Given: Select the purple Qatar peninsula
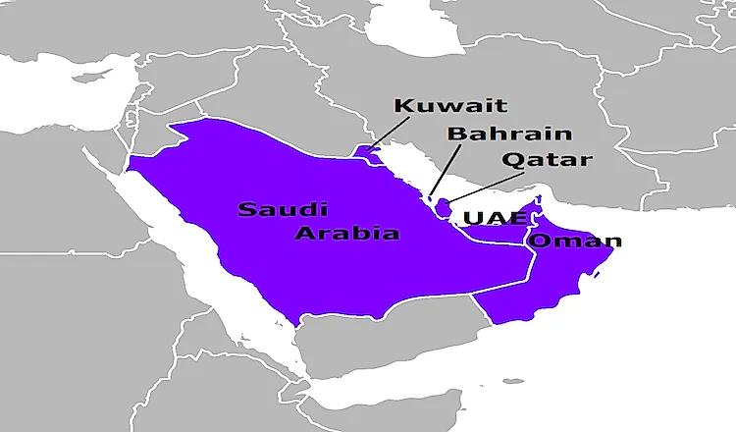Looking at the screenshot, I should click(x=444, y=207).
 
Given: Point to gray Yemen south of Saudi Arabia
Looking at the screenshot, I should click(x=393, y=344).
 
